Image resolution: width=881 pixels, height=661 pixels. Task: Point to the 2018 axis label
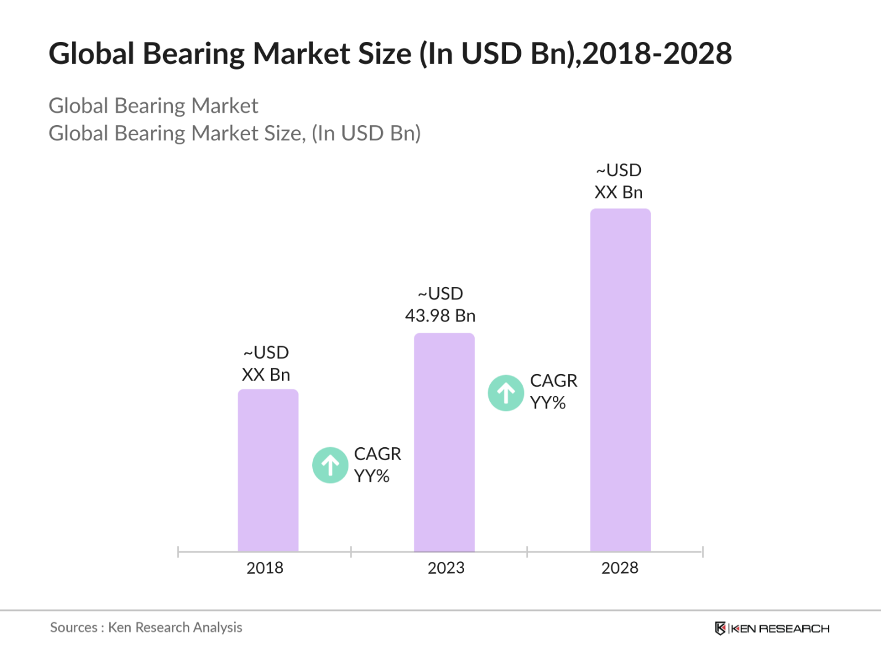pyautogui.click(x=265, y=567)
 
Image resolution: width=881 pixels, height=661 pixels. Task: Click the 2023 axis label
pyautogui.click(x=446, y=567)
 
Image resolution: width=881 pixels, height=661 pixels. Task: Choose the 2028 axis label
pyautogui.click(x=619, y=567)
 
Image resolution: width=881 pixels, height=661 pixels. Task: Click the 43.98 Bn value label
pyautogui.click(x=440, y=315)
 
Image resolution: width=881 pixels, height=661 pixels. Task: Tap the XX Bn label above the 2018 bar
pyautogui.click(x=266, y=375)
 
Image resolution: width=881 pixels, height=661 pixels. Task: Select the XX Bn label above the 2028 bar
pyautogui.click(x=619, y=192)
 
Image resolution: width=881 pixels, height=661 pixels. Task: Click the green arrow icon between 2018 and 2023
pyautogui.click(x=331, y=465)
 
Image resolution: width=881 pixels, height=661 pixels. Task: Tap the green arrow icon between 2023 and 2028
pyautogui.click(x=506, y=393)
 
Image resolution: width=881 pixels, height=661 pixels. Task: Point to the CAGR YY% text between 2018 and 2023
pyautogui.click(x=377, y=465)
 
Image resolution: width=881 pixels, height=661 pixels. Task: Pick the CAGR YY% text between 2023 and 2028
pyautogui.click(x=553, y=392)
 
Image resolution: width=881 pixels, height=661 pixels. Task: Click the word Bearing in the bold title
pyautogui.click(x=194, y=54)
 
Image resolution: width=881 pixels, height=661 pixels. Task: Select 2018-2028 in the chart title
pyautogui.click(x=657, y=54)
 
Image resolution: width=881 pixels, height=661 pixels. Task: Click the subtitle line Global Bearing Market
pyautogui.click(x=153, y=106)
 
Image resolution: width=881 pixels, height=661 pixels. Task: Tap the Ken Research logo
pyautogui.click(x=772, y=628)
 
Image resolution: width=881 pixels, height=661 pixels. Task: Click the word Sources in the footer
pyautogui.click(x=73, y=628)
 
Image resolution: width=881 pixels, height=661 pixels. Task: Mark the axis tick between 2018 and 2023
pyautogui.click(x=351, y=552)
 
